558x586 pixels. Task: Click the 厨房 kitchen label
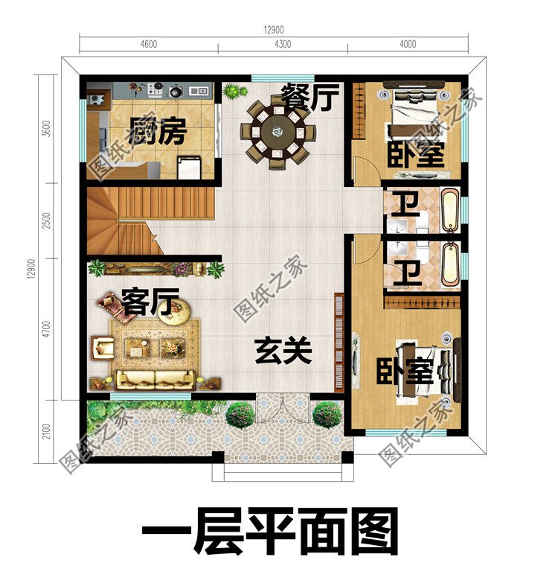157,133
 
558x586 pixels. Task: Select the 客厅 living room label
151,303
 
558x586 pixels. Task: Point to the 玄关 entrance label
283,351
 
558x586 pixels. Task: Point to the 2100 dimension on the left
47,431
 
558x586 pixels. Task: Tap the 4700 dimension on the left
47,328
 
